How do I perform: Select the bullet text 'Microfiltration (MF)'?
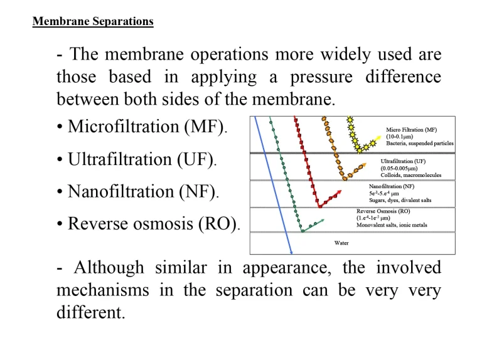[147, 127]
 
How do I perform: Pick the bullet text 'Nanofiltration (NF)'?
[143, 191]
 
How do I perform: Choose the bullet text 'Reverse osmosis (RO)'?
[153, 223]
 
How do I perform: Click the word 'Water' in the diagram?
[341, 243]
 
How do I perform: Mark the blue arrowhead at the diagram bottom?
[291, 252]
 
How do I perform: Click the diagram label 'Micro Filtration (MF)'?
[411, 130]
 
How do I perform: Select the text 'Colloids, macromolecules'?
[411, 176]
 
